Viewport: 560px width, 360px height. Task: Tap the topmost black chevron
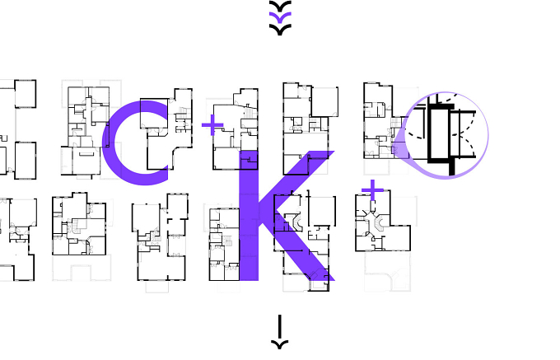tap(280, 7)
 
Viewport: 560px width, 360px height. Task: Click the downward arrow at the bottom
tap(280, 331)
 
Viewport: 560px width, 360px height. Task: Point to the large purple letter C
tap(109, 143)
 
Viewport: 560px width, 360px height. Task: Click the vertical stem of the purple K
tap(249, 216)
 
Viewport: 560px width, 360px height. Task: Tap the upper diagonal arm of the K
tap(296, 182)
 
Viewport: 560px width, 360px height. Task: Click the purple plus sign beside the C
tap(212, 125)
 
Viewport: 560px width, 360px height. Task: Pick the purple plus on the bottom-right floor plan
tap(372, 190)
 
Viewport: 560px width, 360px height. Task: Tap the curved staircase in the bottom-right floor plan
tap(379, 223)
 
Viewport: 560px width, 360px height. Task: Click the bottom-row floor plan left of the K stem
tap(224, 245)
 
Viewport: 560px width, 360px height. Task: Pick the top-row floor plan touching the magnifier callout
tap(381, 121)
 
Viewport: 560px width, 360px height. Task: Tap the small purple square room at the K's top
tap(250, 160)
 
